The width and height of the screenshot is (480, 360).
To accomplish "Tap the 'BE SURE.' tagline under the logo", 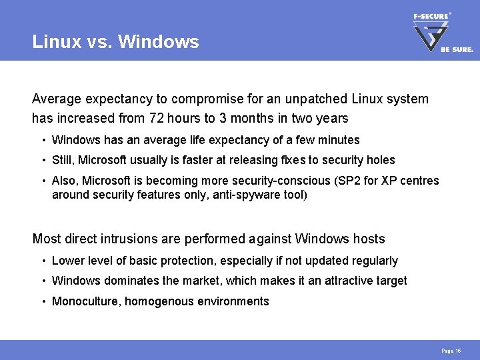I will (457, 49).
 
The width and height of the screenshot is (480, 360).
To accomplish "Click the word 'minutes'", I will (339, 140).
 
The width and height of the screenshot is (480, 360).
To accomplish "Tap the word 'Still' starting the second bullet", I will (63, 160).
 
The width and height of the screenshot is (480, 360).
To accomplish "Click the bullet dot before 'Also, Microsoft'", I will (43, 181).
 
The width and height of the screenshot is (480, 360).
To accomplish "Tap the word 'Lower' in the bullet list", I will (67, 261).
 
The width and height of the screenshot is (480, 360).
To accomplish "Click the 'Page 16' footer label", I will (450, 351).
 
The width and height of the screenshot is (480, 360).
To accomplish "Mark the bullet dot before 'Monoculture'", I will (43, 301).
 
